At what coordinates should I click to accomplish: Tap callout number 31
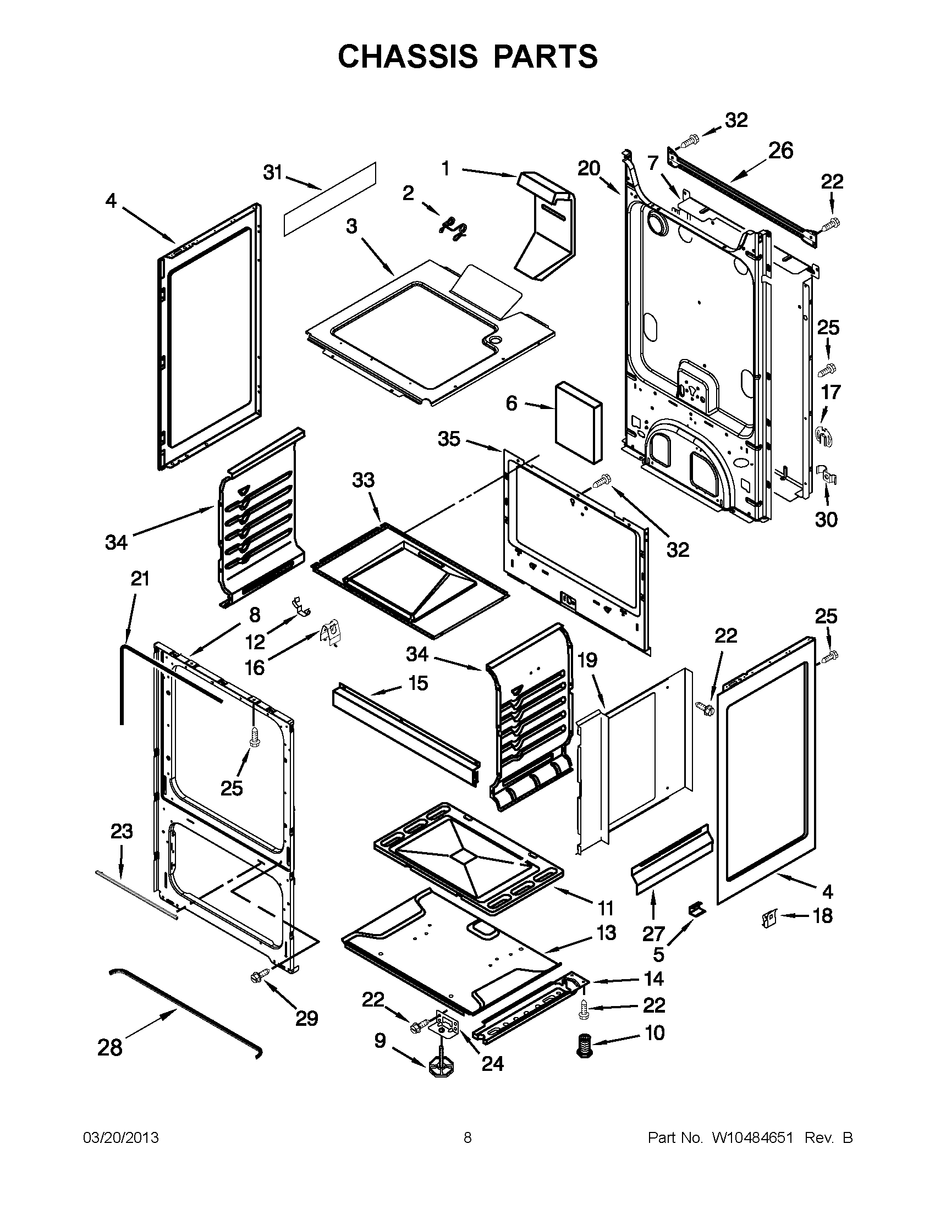[272, 173]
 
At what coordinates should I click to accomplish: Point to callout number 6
[511, 404]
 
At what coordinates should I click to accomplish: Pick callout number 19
[587, 659]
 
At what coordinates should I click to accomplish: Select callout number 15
[418, 683]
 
